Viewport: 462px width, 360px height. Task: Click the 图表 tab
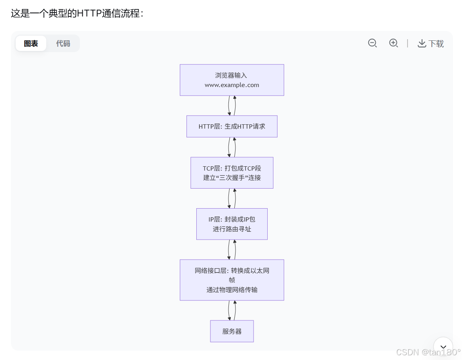[31, 44]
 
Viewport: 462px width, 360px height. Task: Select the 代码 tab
[63, 44]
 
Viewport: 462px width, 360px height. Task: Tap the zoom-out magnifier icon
[372, 43]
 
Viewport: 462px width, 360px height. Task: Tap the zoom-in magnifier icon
[393, 43]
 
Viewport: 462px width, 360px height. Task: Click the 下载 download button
[431, 44]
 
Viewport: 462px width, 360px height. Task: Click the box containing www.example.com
[232, 80]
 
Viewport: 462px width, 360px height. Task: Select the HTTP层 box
[232, 126]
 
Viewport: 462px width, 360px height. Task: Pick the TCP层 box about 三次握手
[232, 173]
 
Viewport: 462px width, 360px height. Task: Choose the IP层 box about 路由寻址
[232, 224]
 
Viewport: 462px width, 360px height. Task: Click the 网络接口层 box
[232, 280]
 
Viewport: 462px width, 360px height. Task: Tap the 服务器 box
[232, 331]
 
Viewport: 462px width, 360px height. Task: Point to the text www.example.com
[232, 85]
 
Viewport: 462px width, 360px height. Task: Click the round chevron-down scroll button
[443, 347]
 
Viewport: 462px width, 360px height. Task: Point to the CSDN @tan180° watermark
[428, 352]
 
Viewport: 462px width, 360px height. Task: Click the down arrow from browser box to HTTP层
[229, 105]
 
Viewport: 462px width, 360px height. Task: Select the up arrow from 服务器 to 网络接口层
[235, 310]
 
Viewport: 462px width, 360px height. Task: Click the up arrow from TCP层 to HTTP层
[235, 147]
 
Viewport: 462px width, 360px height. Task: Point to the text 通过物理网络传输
[232, 290]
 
